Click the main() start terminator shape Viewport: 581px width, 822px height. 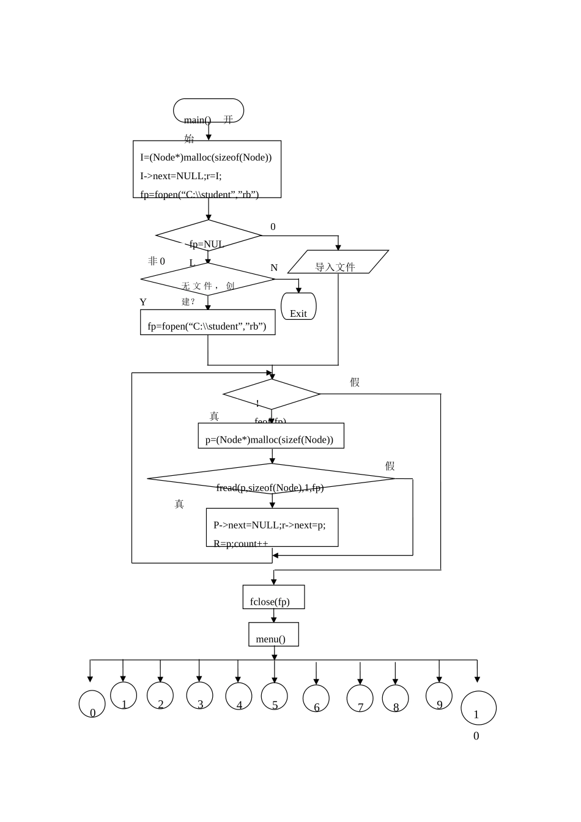209,111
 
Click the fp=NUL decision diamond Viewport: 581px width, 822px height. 209,235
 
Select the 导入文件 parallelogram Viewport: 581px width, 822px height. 338,262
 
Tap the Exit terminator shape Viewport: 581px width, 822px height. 298,306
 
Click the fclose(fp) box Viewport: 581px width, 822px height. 273,598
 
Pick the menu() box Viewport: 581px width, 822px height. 273,635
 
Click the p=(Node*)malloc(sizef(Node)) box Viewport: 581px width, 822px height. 271,436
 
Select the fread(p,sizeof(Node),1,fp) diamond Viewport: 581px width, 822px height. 271,479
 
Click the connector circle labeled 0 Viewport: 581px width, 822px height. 92,704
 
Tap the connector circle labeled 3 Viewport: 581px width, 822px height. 199,695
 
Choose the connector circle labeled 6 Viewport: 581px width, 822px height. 316,698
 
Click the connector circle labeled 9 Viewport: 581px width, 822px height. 439,696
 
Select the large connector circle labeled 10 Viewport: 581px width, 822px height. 478,708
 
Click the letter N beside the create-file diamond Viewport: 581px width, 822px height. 274,268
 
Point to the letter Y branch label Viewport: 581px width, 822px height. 143,302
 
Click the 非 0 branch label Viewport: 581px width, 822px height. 157,261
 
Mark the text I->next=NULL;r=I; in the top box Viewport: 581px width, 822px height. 181,176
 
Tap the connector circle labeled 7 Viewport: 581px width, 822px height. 360,698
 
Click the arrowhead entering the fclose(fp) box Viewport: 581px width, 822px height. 274,582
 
